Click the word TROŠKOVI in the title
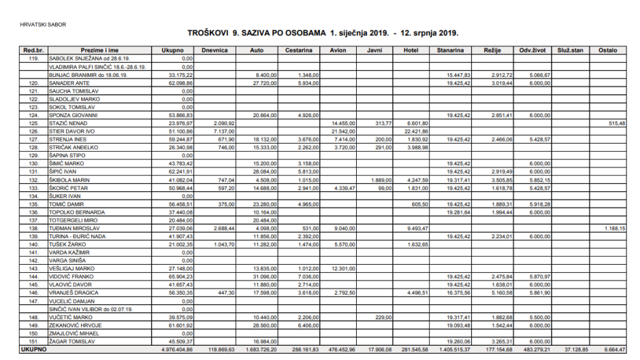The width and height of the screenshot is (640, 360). tap(208, 33)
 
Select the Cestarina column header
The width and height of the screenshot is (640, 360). tap(298, 50)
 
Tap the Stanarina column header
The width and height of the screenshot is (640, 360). tap(450, 50)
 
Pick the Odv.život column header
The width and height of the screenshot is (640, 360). tap(530, 50)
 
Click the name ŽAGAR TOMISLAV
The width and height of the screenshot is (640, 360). tap(71, 342)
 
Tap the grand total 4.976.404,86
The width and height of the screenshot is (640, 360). tap(175, 349)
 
